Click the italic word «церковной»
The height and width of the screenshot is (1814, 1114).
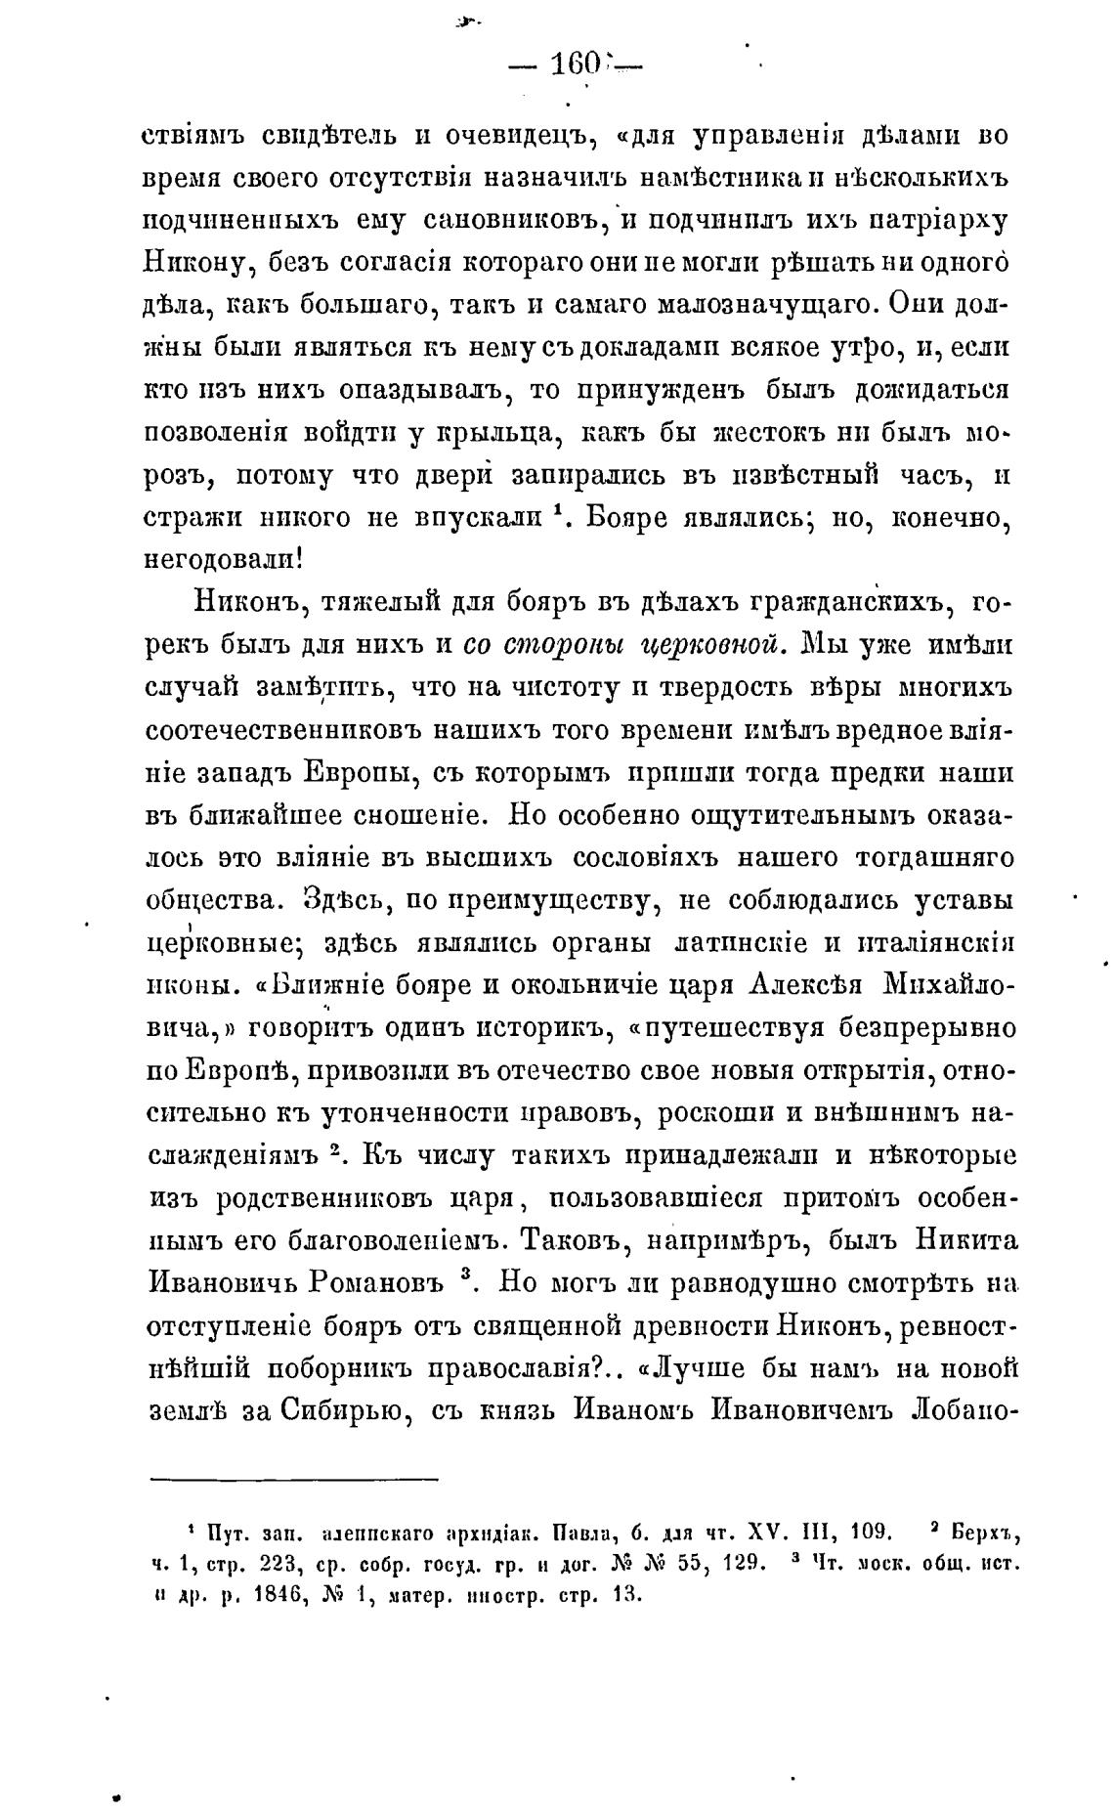pos(709,645)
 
